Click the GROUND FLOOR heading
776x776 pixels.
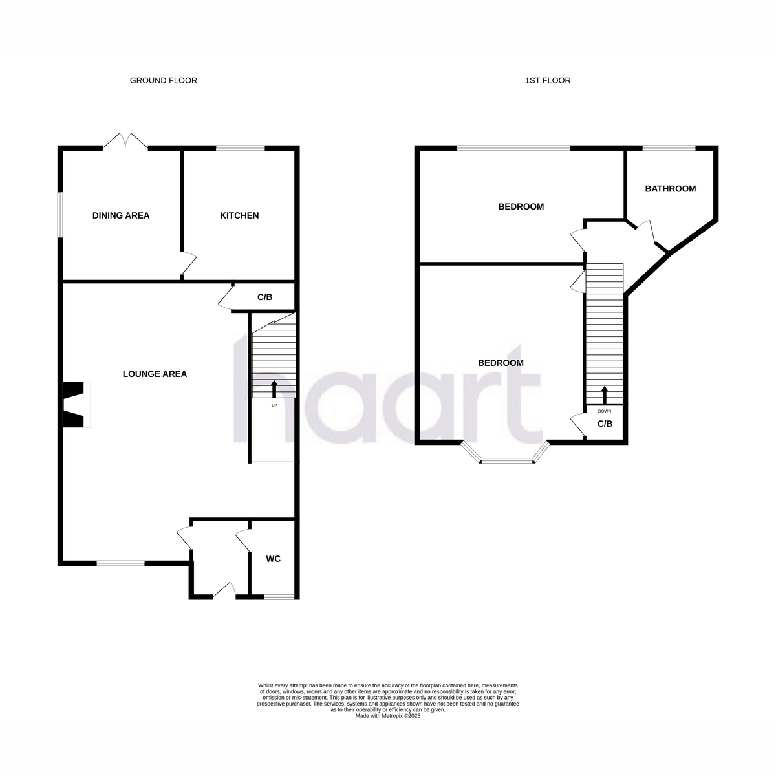click(163, 81)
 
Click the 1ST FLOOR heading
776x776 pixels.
click(548, 81)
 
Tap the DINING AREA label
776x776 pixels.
click(121, 215)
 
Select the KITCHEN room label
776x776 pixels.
click(239, 215)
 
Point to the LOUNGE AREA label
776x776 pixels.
click(155, 374)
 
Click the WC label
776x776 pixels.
click(273, 559)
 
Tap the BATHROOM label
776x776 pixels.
click(670, 188)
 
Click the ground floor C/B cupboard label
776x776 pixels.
click(264, 297)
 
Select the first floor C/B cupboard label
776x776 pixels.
click(605, 424)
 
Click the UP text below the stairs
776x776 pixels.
click(274, 405)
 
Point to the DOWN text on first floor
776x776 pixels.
click(605, 411)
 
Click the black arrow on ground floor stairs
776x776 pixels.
click(274, 389)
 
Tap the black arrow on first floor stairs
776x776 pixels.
click(604, 395)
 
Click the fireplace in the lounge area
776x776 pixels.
click(76, 404)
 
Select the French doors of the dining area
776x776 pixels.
click(125, 142)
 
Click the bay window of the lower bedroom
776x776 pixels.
click(506, 453)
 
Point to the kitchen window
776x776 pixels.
click(241, 148)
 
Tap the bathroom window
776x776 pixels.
click(669, 148)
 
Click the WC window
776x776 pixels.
click(279, 598)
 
